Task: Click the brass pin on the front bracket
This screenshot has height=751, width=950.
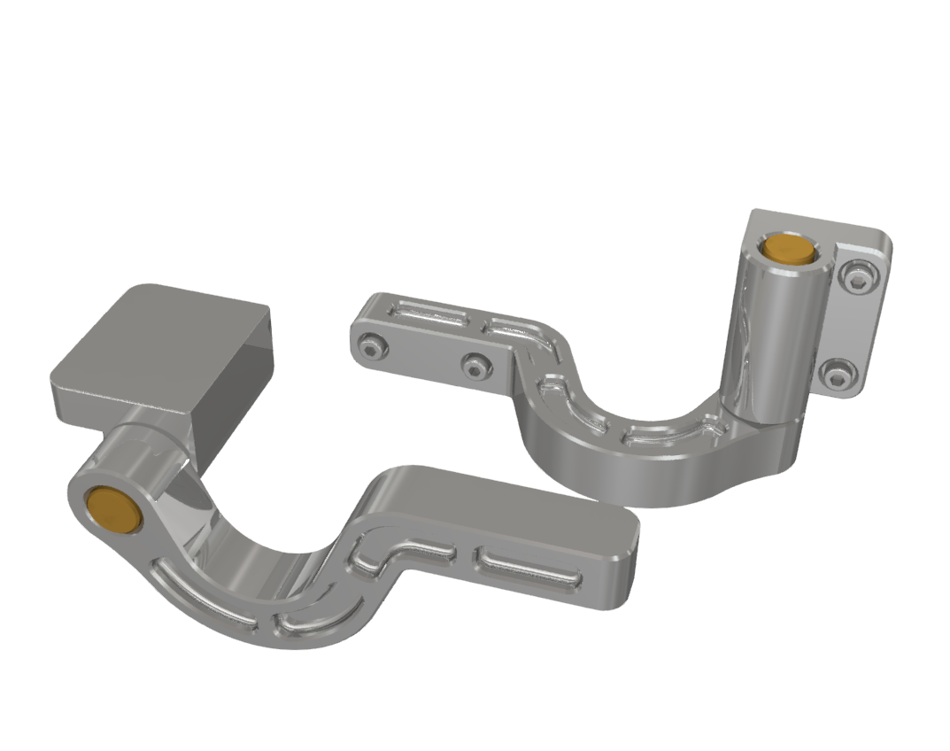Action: [x=114, y=510]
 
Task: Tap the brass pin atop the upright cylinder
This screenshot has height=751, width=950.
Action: [x=789, y=248]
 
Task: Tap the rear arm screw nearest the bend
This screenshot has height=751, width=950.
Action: [x=475, y=363]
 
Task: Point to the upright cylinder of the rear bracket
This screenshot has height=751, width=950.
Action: [x=768, y=337]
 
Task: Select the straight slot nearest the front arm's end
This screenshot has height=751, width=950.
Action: [x=529, y=568]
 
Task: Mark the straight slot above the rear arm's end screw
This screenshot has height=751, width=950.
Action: [x=429, y=313]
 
